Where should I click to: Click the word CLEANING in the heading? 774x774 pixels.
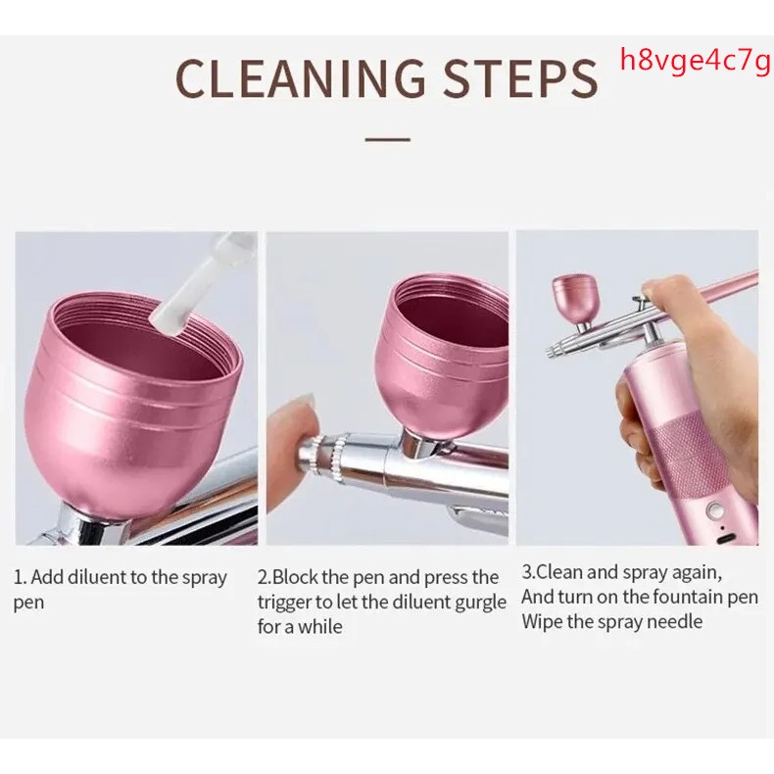pyautogui.click(x=300, y=78)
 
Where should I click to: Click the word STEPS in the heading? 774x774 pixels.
pyautogui.click(x=520, y=78)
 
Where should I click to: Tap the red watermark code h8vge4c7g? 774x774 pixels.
pyautogui.click(x=695, y=61)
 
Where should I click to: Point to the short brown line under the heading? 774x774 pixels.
pyautogui.click(x=388, y=140)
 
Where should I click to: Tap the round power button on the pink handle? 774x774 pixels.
pyautogui.click(x=713, y=508)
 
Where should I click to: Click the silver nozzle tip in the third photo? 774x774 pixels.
pyautogui.click(x=552, y=351)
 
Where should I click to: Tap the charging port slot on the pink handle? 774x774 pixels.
pyautogui.click(x=724, y=538)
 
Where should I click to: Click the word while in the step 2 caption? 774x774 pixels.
pyautogui.click(x=319, y=627)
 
